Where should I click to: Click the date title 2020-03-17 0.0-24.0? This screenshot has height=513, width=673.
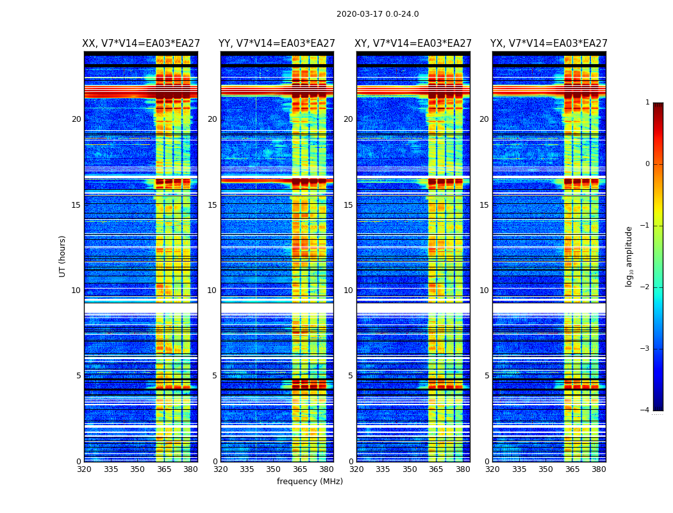coord(378,14)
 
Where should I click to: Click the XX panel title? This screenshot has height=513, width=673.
coord(141,44)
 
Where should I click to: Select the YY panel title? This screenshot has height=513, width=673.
coord(277,44)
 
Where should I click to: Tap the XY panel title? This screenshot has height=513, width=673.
coord(413,44)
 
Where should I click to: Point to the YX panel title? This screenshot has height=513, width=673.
coord(549,44)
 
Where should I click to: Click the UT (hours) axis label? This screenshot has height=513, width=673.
coord(63,256)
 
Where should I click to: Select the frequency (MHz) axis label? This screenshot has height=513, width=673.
coord(310,482)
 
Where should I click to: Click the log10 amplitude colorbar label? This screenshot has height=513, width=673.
coord(629,256)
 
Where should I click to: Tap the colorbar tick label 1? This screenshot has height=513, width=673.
coord(647,103)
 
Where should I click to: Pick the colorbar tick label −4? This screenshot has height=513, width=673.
coord(645,410)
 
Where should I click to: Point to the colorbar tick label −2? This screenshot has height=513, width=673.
coord(645,287)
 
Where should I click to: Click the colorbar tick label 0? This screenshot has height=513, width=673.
coord(647,164)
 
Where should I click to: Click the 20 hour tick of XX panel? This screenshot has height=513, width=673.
coord(76,119)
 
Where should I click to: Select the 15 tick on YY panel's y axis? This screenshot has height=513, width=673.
coord(212,205)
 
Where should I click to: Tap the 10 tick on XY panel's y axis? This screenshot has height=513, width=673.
coord(348,290)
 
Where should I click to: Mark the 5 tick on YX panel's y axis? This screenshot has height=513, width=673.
coord(486,376)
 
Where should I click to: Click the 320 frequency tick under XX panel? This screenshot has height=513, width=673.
coord(84,469)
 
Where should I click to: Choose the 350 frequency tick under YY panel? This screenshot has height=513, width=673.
coord(274,469)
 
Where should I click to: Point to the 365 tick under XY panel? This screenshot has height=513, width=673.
coord(436,469)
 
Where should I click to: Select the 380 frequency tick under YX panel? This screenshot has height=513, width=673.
coord(599,469)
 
